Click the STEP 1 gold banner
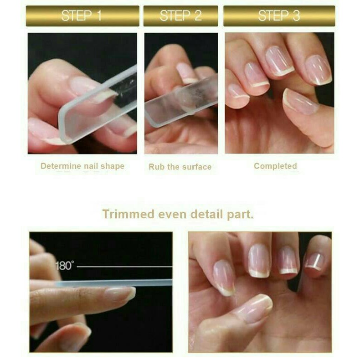(x=82, y=16)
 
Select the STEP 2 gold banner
(x=180, y=16)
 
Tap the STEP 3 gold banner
(x=279, y=16)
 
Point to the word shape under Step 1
(x=113, y=166)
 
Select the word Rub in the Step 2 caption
(x=156, y=167)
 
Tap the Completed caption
(x=275, y=166)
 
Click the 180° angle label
(x=65, y=266)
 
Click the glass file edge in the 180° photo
(x=114, y=283)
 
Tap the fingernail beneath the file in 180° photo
(x=119, y=293)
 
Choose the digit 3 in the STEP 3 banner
(x=296, y=16)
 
